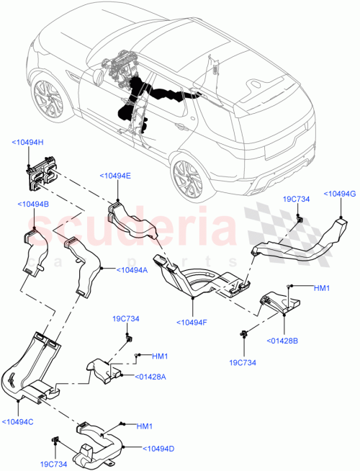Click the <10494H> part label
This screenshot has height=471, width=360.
coord(28,143)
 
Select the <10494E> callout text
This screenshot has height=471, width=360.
coord(115,175)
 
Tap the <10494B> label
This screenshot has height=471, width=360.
coord(32,205)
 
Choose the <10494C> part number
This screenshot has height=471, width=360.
coord(19,422)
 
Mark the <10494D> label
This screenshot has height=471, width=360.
coord(158,449)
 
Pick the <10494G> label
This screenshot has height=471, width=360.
coord(339,193)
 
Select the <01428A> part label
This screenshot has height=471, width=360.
coord(150,375)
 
